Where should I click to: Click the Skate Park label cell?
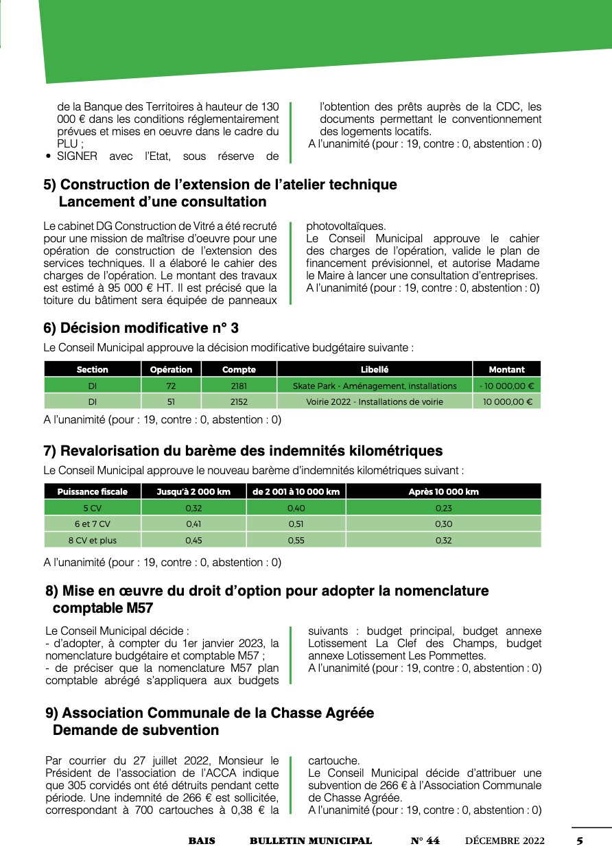(375, 386)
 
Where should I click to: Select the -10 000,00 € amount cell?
(506, 386)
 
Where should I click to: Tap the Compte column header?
(239, 369)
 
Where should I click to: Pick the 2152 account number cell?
(239, 401)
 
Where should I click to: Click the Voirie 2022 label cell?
(375, 401)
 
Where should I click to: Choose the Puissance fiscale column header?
(92, 491)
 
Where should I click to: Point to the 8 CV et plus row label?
(92, 540)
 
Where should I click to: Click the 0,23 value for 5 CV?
(443, 508)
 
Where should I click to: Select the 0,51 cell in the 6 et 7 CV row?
(296, 524)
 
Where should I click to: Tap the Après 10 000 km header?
(443, 491)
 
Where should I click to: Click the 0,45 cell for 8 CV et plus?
(193, 540)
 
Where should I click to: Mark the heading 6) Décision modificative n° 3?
(141, 328)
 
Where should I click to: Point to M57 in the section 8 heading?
(137, 608)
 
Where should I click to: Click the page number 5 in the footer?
(580, 841)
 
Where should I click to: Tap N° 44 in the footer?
(425, 841)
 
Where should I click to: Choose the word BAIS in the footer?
(202, 841)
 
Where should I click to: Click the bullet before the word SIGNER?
(48, 156)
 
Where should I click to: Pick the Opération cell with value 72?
(172, 386)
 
